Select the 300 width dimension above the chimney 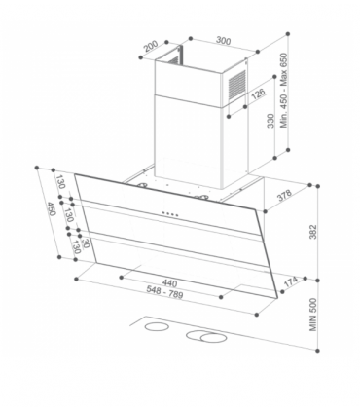click(223, 40)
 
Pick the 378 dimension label click(285, 195)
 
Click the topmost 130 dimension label click(59, 183)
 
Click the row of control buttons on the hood click(168, 213)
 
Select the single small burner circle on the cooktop click(155, 329)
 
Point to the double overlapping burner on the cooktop click(210, 338)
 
